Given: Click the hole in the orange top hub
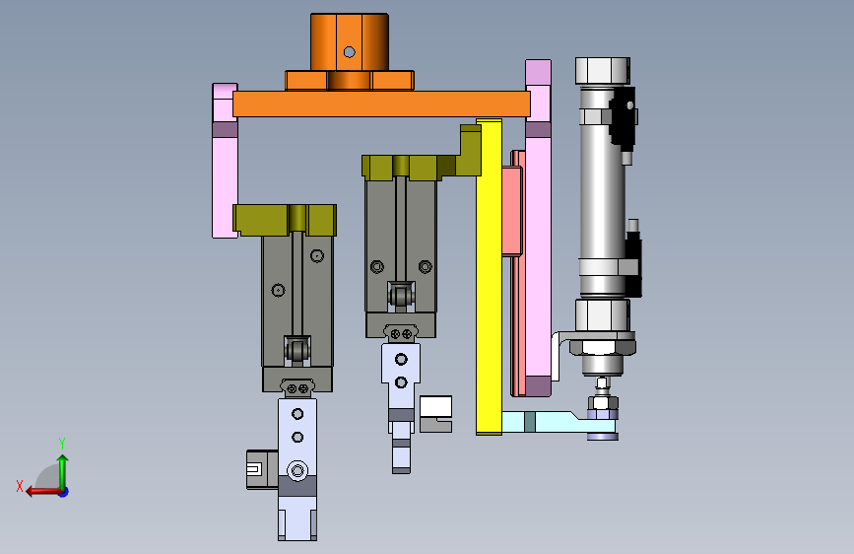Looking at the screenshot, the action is coord(349,52).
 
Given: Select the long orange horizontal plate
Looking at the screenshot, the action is coord(381,104).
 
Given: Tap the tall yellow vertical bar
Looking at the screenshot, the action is coord(489,276).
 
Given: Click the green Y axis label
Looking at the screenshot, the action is coord(62,443).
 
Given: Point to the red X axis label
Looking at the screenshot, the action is coord(20,486).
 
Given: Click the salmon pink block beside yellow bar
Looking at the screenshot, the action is coord(512,212).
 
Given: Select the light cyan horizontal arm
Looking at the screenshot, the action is coord(556,422).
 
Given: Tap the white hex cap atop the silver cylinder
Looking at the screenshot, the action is coord(603,71).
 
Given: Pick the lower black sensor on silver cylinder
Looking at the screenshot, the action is coord(633,264).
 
